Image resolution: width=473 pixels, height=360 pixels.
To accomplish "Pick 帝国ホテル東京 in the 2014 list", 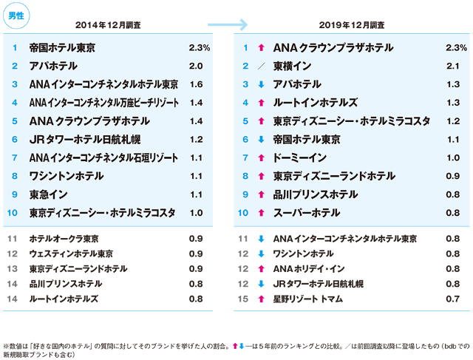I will coord(63,48).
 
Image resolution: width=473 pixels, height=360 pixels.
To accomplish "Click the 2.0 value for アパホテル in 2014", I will coord(196,67).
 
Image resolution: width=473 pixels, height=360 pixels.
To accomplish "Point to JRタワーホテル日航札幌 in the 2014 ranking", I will coord(82,139).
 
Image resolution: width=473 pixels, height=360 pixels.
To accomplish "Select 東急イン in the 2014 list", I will coord(50,194).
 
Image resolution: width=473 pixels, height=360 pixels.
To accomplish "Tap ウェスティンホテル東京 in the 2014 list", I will coord(71,254).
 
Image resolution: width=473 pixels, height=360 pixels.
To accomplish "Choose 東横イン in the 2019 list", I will coord(294,67).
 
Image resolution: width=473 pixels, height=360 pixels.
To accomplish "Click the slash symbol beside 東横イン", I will coord(261,67).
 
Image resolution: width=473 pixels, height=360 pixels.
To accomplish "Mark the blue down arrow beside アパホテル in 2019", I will coord(261,84).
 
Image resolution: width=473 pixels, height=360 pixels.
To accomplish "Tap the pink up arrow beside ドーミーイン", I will coord(261,157).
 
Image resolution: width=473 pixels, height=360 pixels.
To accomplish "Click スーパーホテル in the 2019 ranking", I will coord(307,213).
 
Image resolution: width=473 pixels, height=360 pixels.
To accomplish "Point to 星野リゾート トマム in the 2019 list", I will coord(309,299).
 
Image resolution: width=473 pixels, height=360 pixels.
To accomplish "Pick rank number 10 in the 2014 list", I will coord(13,213).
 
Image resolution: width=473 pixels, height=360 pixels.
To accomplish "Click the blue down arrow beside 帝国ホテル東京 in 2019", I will coord(261,139).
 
